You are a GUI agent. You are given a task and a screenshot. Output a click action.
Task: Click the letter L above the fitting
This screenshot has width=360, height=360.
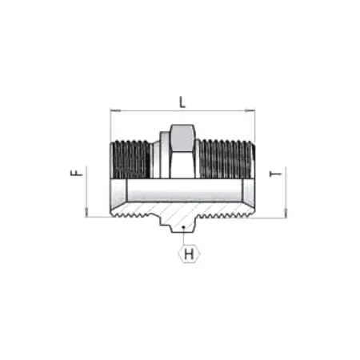coord(182,102)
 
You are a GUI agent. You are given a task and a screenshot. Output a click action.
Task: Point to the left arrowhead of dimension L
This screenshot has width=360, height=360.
coord(112,111)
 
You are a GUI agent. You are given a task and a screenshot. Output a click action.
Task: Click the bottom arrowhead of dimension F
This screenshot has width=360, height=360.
coord(84,212)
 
